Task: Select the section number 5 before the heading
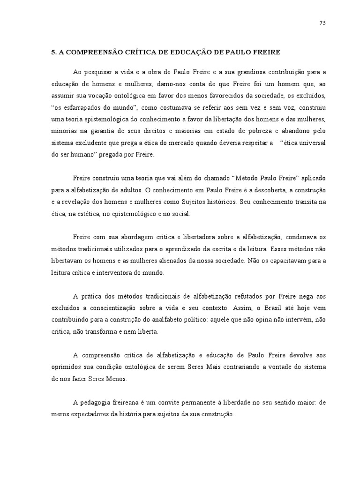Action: click(x=53, y=52)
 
